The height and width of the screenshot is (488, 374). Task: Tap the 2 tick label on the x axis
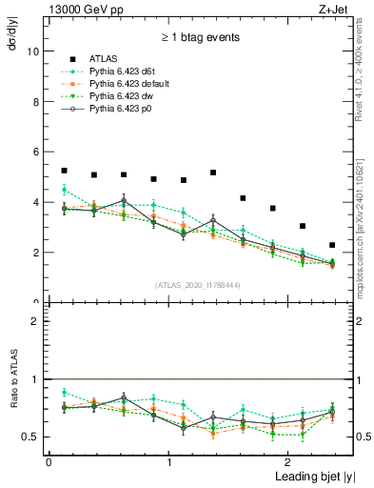[289, 461]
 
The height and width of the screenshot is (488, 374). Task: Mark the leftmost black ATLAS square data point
[64, 171]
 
